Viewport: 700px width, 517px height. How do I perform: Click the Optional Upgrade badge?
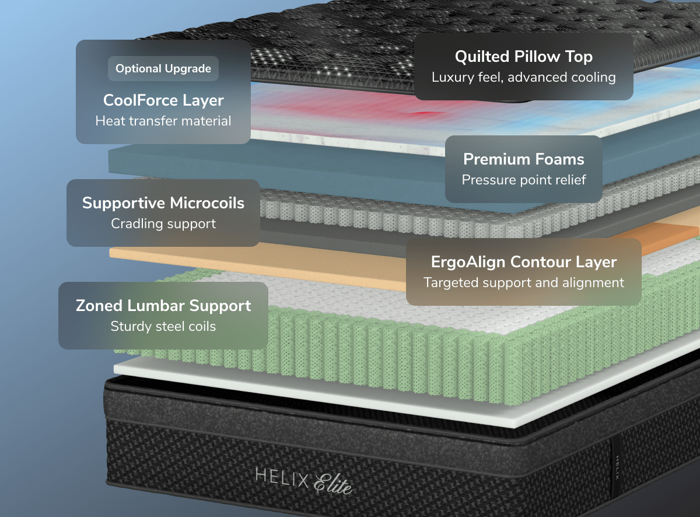click(x=163, y=69)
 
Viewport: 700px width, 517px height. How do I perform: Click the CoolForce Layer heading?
click(x=163, y=100)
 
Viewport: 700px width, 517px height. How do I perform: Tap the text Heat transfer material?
click(x=163, y=121)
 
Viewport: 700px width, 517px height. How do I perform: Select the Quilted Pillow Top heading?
click(x=523, y=57)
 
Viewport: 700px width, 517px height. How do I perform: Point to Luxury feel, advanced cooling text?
click(x=523, y=77)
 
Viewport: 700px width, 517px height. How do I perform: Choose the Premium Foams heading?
click(x=523, y=159)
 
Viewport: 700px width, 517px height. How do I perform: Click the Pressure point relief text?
click(x=523, y=180)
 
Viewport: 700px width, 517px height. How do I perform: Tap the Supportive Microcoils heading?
click(x=163, y=203)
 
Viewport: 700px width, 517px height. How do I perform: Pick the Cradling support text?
click(x=163, y=223)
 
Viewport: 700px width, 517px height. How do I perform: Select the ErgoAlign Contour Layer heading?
click(x=523, y=262)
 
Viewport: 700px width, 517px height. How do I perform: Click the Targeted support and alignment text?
click(x=523, y=282)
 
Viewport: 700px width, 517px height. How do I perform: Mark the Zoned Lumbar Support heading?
click(x=163, y=306)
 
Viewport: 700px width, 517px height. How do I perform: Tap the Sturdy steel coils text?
click(x=163, y=326)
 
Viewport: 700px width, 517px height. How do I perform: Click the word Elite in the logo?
click(x=334, y=483)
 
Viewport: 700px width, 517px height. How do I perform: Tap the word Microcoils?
click(x=207, y=203)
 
